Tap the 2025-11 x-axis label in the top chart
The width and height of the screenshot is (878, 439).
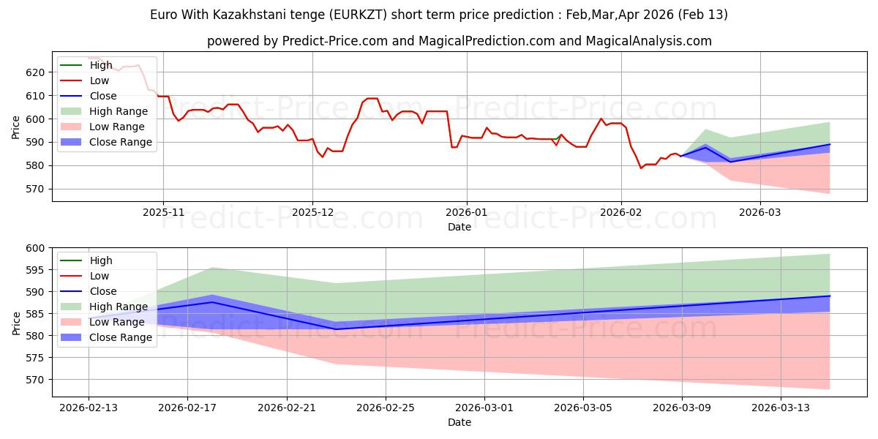coord(163,211)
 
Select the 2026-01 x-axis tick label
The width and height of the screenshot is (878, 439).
coord(466,211)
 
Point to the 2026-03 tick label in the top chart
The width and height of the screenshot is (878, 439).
coord(759,211)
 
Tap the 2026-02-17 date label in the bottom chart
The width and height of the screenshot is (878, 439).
coord(187,408)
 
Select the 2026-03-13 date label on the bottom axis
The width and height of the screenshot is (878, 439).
coord(781,408)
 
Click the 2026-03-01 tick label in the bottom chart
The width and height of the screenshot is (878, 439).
coord(484,408)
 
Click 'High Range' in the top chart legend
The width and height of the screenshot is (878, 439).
coord(119,111)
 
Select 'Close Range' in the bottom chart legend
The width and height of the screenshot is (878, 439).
coord(121,337)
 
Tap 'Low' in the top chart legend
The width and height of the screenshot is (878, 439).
coord(100,80)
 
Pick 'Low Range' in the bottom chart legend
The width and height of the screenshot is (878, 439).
coord(118,322)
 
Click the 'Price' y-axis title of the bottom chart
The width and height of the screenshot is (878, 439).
coord(16,322)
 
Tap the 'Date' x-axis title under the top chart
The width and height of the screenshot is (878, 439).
coord(459,227)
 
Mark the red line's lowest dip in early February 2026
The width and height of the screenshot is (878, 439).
coord(642,168)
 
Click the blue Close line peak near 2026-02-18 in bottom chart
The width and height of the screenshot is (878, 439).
coord(212,302)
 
